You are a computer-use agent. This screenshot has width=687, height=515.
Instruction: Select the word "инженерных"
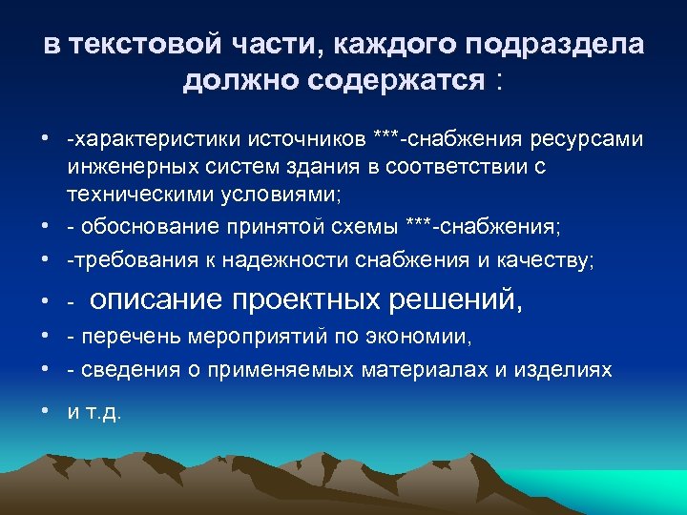tap(117, 166)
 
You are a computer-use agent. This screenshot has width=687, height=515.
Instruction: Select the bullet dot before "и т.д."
tap(46, 412)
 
